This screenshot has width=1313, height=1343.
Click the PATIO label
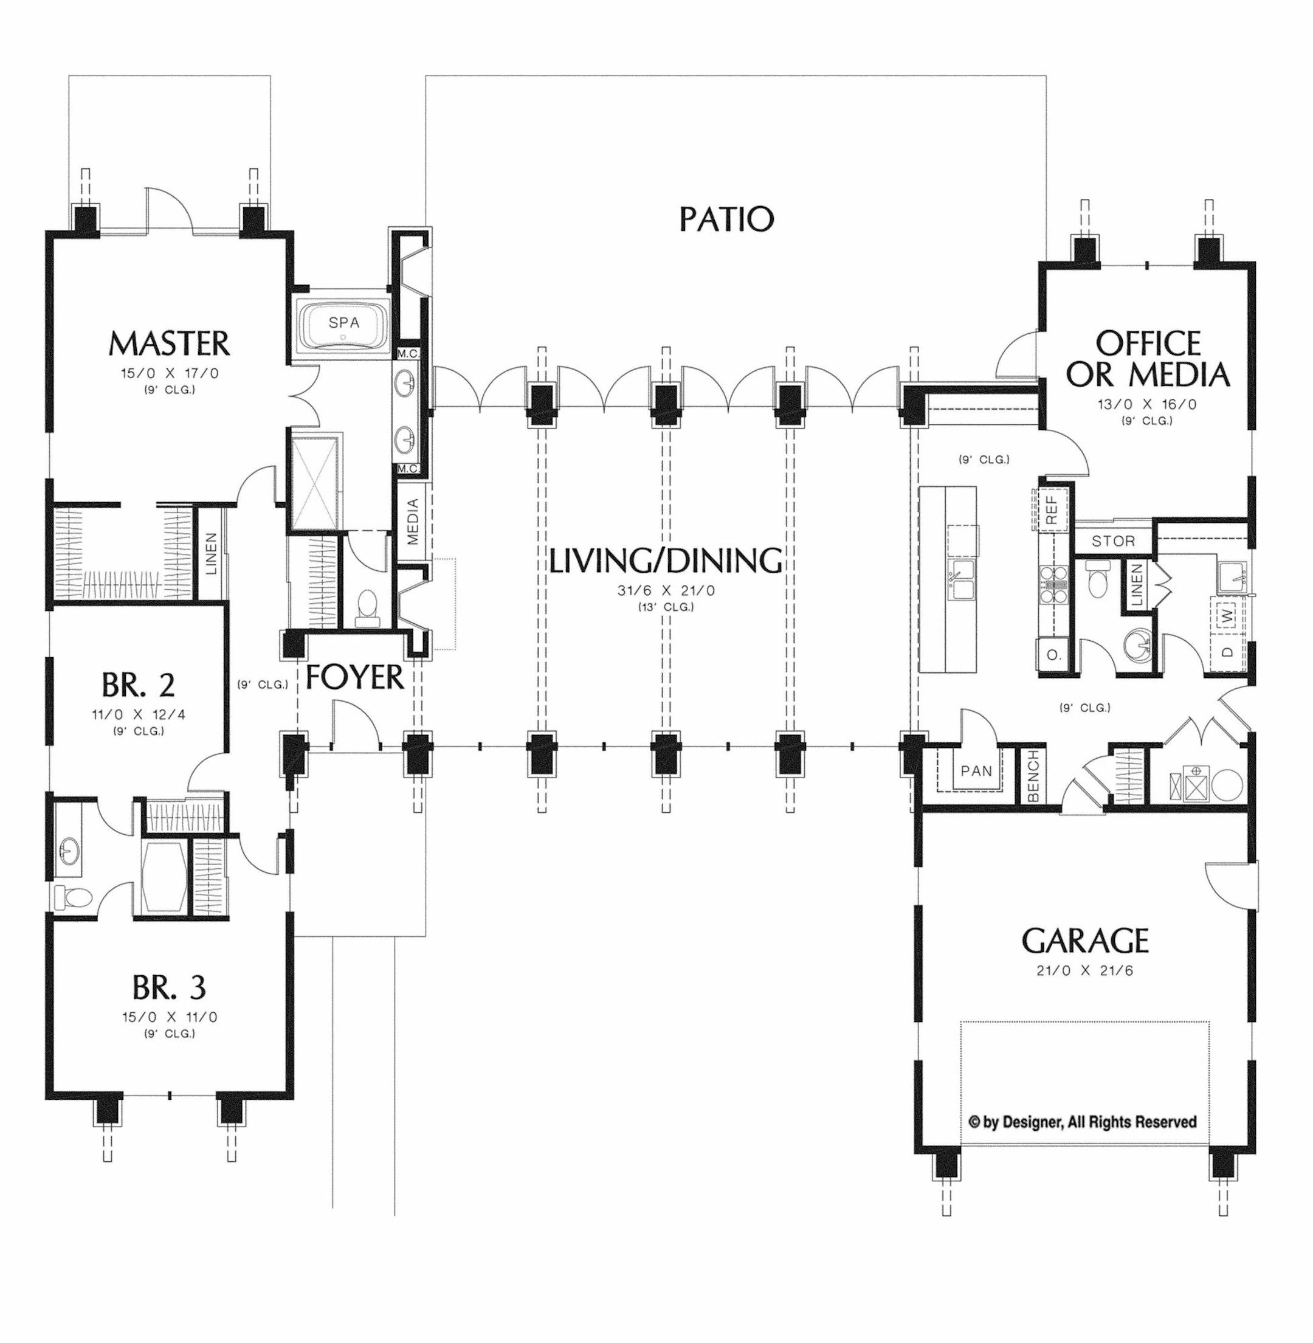[x=727, y=219]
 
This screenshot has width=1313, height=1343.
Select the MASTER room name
[x=170, y=343]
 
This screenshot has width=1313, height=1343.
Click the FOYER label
[x=354, y=677]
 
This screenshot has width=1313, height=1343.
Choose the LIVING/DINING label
[x=666, y=561]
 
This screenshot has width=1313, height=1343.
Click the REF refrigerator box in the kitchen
[x=1051, y=509]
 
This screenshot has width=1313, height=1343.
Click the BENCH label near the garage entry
[x=1033, y=776]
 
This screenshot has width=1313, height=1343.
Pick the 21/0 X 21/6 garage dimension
[x=1084, y=970]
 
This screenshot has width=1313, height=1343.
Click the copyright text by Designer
[x=1083, y=1122]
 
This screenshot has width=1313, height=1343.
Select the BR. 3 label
[x=169, y=989]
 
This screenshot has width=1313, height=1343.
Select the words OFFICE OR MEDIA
[x=1148, y=359]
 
